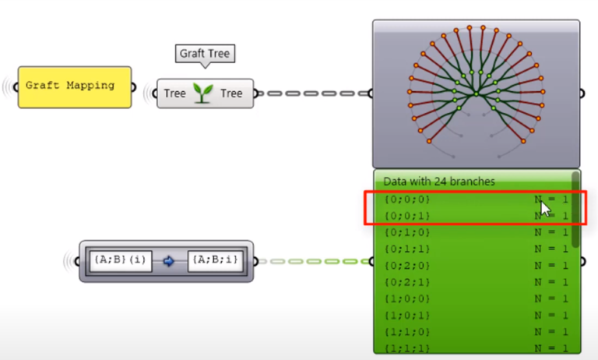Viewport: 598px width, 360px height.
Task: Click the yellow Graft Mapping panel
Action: (x=74, y=86)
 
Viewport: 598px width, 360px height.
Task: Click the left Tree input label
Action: (x=175, y=94)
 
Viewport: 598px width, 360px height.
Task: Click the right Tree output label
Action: (x=231, y=94)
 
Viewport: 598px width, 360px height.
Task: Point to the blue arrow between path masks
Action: (x=168, y=261)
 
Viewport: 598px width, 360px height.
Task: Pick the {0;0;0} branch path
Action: (x=406, y=199)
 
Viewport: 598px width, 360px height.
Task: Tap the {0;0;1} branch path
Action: (x=406, y=216)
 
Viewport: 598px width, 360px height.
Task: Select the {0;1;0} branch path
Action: (x=406, y=232)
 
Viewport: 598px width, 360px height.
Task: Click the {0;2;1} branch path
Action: (x=406, y=281)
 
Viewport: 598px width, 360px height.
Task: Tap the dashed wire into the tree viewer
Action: (x=311, y=94)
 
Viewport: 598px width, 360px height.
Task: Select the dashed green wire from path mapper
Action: (x=311, y=261)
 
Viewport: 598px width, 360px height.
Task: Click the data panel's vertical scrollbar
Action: (x=575, y=206)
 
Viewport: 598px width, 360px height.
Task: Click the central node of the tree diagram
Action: (x=476, y=93)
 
